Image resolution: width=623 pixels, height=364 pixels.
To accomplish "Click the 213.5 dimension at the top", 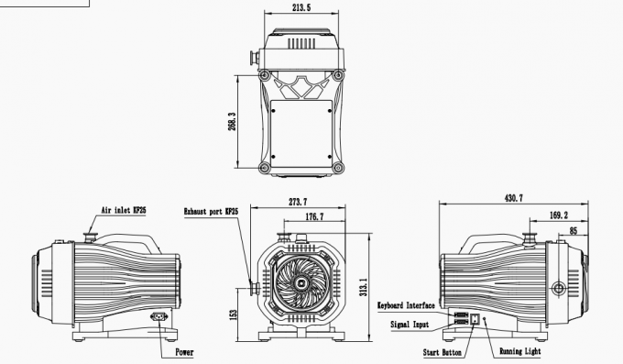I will tap(301, 9).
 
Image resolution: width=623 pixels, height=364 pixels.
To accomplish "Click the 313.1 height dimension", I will tap(364, 287).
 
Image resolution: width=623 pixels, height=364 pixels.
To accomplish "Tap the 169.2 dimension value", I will tap(557, 215).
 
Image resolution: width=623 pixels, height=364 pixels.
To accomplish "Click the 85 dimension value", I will tap(574, 230).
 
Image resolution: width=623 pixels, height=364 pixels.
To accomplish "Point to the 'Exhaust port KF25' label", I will tap(212, 210).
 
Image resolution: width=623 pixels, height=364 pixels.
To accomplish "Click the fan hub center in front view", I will tap(300, 285).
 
